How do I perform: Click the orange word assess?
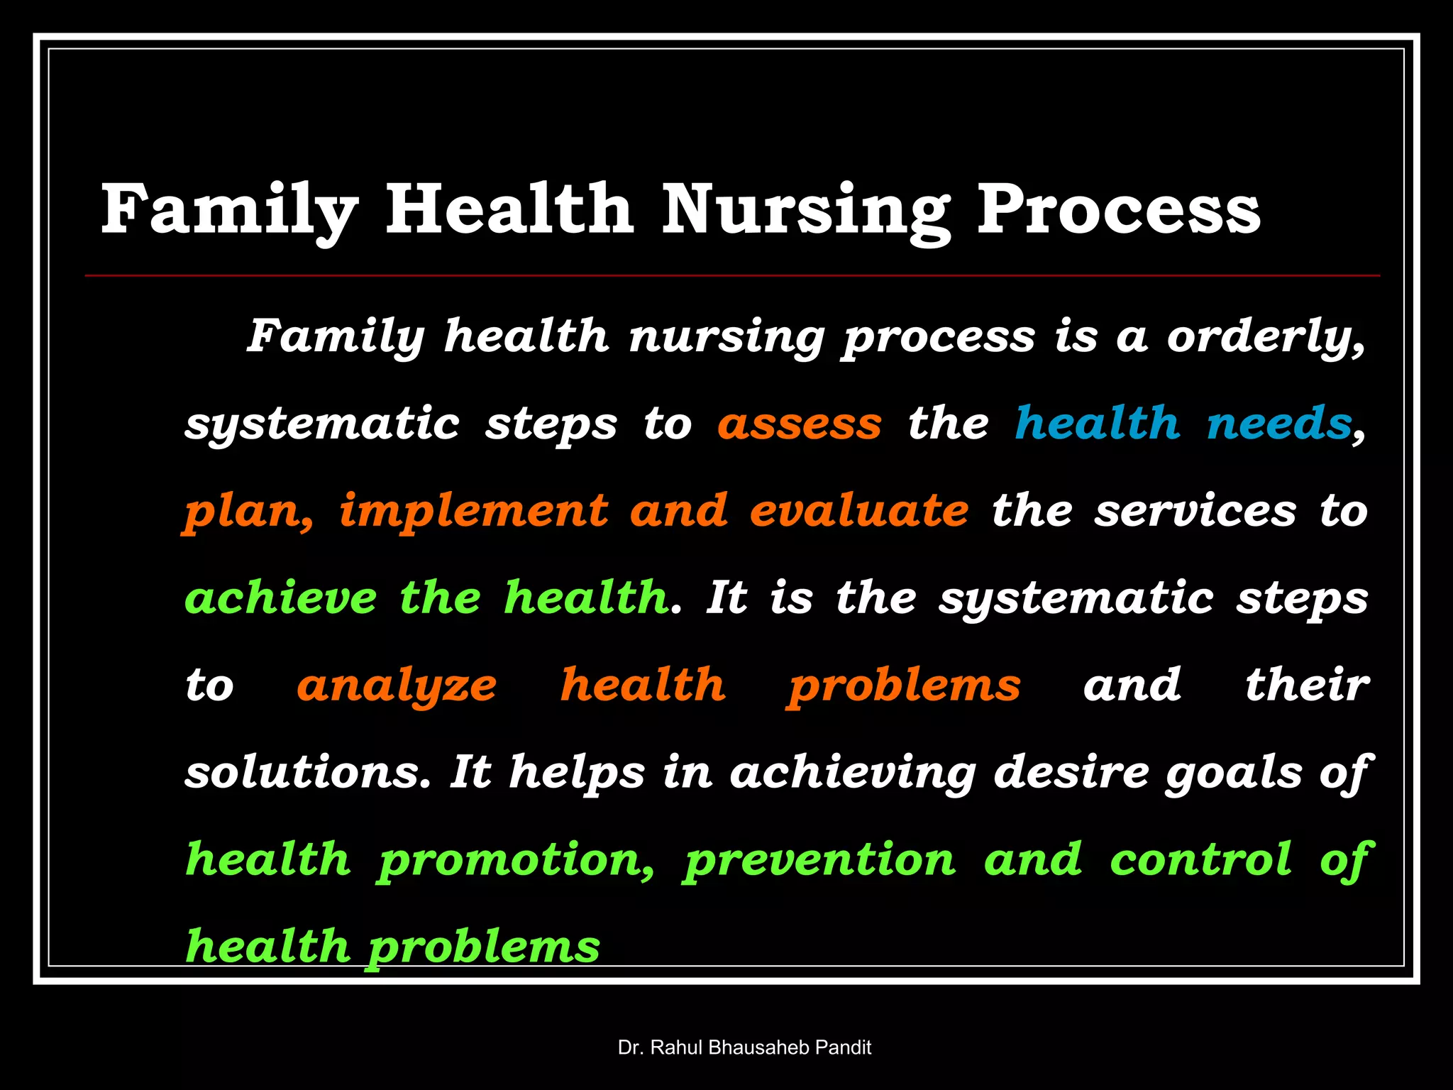click(x=800, y=424)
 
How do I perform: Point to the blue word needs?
click(x=1278, y=424)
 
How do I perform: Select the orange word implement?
click(x=473, y=511)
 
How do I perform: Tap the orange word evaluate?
click(x=858, y=511)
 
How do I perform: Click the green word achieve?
click(x=281, y=598)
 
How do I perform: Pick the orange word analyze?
click(x=397, y=686)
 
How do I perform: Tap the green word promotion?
click(x=515, y=860)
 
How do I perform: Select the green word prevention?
click(x=819, y=860)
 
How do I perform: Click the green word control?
click(x=1200, y=860)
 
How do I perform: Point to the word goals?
click(x=1233, y=774)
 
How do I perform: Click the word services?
click(x=1195, y=511)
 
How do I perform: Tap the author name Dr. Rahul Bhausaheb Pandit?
click(x=744, y=1047)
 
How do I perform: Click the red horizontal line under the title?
click(x=732, y=275)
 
